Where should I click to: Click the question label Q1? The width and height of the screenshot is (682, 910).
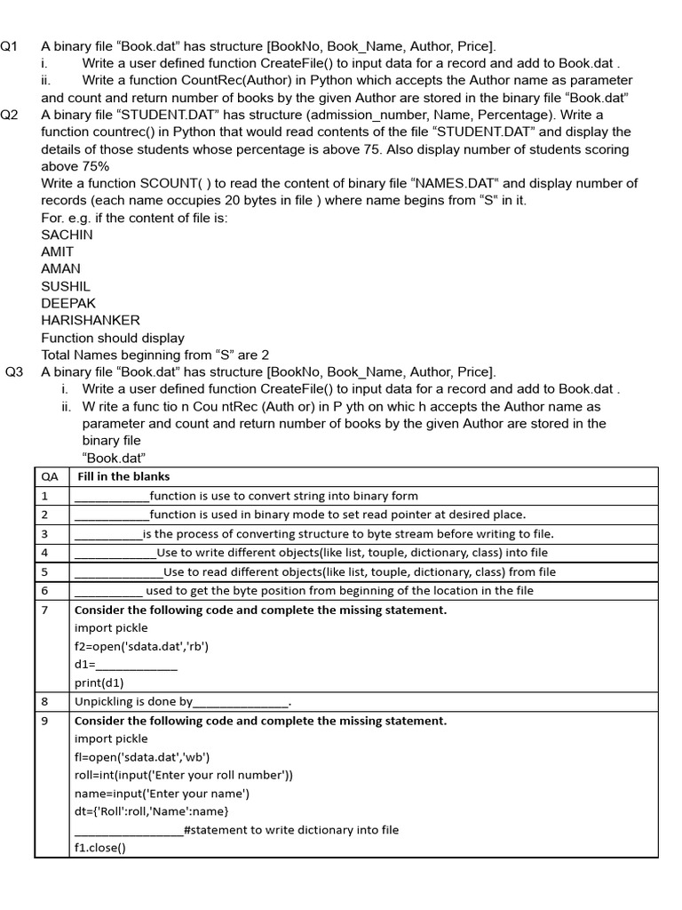click(9, 46)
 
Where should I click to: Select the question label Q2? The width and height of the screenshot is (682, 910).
click(9, 115)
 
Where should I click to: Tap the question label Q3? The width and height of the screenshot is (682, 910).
click(14, 372)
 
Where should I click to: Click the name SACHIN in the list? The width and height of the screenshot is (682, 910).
click(67, 235)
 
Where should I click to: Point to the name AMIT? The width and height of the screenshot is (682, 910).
click(58, 252)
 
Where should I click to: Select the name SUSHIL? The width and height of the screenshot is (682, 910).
click(66, 287)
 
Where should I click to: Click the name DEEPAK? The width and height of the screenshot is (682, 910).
click(68, 304)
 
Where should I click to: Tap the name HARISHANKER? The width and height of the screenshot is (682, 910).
click(91, 321)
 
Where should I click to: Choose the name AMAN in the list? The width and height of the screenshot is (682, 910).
click(60, 269)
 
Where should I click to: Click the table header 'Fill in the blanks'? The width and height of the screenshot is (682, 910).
click(123, 476)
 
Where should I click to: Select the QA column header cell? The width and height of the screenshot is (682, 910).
click(50, 476)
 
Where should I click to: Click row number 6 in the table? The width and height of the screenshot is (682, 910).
click(44, 591)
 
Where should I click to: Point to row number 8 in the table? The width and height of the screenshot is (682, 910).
click(44, 702)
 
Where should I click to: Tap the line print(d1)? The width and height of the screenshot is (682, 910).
click(99, 683)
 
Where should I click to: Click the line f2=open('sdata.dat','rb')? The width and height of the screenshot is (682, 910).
click(142, 646)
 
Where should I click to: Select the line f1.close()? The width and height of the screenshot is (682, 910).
click(100, 848)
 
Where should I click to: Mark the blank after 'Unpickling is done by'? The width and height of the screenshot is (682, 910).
click(241, 703)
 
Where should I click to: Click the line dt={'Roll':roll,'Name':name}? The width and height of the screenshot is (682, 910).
click(152, 811)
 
